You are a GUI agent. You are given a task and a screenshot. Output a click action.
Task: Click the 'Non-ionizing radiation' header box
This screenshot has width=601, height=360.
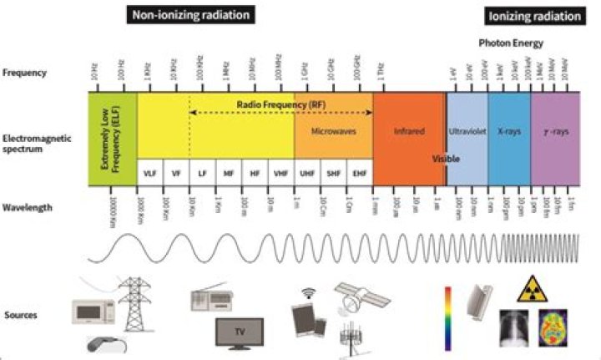pos(191,15)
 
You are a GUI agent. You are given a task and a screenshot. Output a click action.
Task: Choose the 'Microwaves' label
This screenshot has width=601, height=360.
pos(332,132)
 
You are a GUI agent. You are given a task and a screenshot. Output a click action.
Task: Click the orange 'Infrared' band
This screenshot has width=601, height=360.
pos(408,132)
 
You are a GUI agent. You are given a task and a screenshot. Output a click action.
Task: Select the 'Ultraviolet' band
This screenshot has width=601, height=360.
pos(467,132)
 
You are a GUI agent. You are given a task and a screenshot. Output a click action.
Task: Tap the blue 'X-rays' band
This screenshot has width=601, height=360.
pos(508,132)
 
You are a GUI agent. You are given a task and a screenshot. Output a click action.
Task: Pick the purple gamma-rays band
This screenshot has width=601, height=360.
pos(553,132)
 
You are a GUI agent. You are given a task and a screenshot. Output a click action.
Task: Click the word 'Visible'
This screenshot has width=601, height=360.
pos(447,158)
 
